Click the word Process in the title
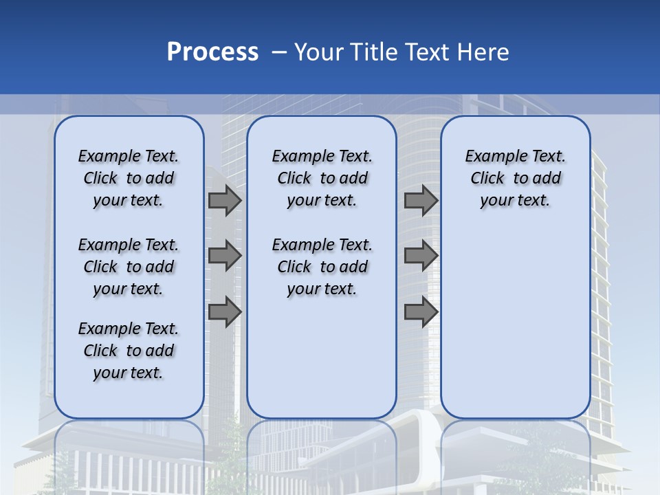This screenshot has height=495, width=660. click(212, 52)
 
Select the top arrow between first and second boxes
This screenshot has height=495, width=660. click(225, 201)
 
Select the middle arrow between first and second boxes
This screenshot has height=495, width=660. click(225, 256)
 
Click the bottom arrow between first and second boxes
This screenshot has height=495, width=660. click(225, 311)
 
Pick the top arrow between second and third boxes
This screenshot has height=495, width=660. click(421, 201)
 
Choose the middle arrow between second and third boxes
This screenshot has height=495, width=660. click(421, 256)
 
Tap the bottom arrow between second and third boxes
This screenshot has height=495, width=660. click(421, 311)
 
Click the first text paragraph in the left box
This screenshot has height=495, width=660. click(129, 178)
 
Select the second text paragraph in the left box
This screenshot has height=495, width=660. click(129, 267)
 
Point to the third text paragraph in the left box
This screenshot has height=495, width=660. click(129, 351)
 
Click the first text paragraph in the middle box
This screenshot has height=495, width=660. click(322, 178)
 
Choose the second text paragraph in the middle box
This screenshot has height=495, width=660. click(322, 267)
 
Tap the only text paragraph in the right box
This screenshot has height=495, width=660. click(516, 178)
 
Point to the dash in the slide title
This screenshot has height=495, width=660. click(279, 52)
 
